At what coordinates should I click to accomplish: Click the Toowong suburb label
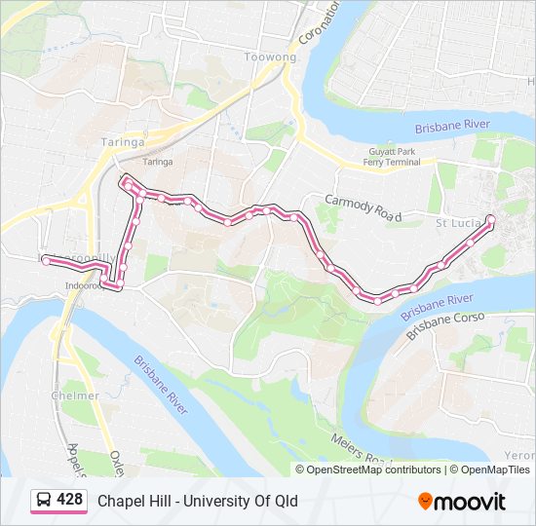(271, 57)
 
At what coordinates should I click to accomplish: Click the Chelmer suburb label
(75, 395)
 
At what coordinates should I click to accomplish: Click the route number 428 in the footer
(70, 501)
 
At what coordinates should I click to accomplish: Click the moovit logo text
(471, 502)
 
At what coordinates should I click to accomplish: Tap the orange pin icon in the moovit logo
(426, 502)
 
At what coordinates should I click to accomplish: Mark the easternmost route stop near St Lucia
(490, 218)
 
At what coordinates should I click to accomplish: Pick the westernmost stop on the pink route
(46, 260)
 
